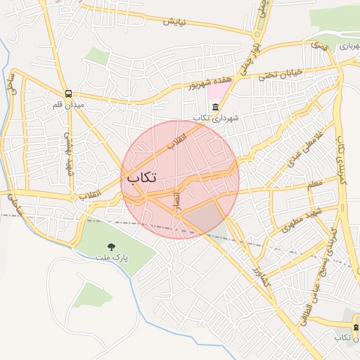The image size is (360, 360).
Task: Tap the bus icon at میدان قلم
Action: click(x=68, y=94)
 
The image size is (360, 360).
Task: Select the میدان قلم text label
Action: click(x=68, y=105)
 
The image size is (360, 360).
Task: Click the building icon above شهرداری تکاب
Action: click(x=214, y=107)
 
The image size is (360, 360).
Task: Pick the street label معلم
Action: click(x=314, y=184)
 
